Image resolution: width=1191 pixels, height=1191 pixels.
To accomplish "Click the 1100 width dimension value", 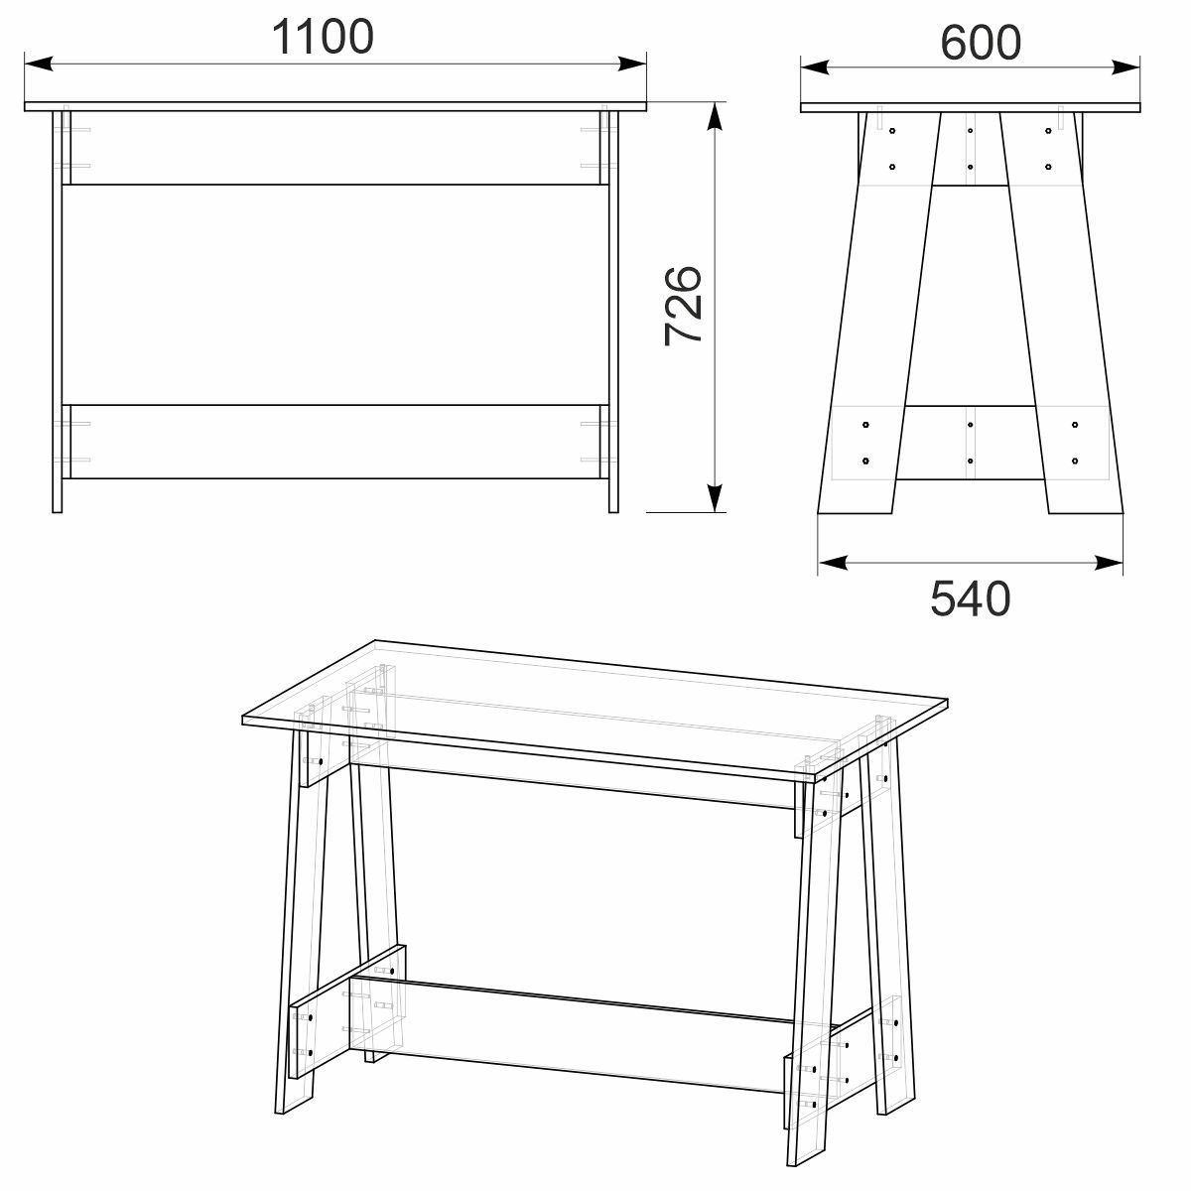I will pos(323,37).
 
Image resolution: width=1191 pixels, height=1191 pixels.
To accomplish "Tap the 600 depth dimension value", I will pos(980,42).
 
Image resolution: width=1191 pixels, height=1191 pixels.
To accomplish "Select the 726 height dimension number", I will pos(684,305).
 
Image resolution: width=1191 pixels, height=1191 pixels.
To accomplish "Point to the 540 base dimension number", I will pos(970,598).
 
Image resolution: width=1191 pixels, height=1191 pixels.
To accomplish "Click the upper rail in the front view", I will pos(335,147).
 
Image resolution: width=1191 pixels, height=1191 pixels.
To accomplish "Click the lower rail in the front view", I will pos(335,442).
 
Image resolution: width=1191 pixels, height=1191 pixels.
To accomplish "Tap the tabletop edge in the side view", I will pos(970,107).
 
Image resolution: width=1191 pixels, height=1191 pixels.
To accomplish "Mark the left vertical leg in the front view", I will pos(58,308).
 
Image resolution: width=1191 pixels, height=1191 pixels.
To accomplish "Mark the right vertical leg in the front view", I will pos(613,308).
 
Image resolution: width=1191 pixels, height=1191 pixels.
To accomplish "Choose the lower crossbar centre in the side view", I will pos(970,443).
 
